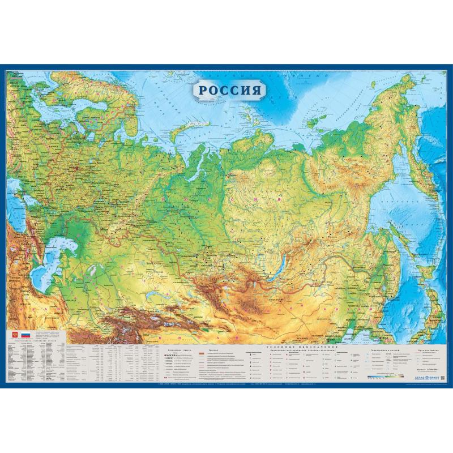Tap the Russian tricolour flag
click(24, 335)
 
